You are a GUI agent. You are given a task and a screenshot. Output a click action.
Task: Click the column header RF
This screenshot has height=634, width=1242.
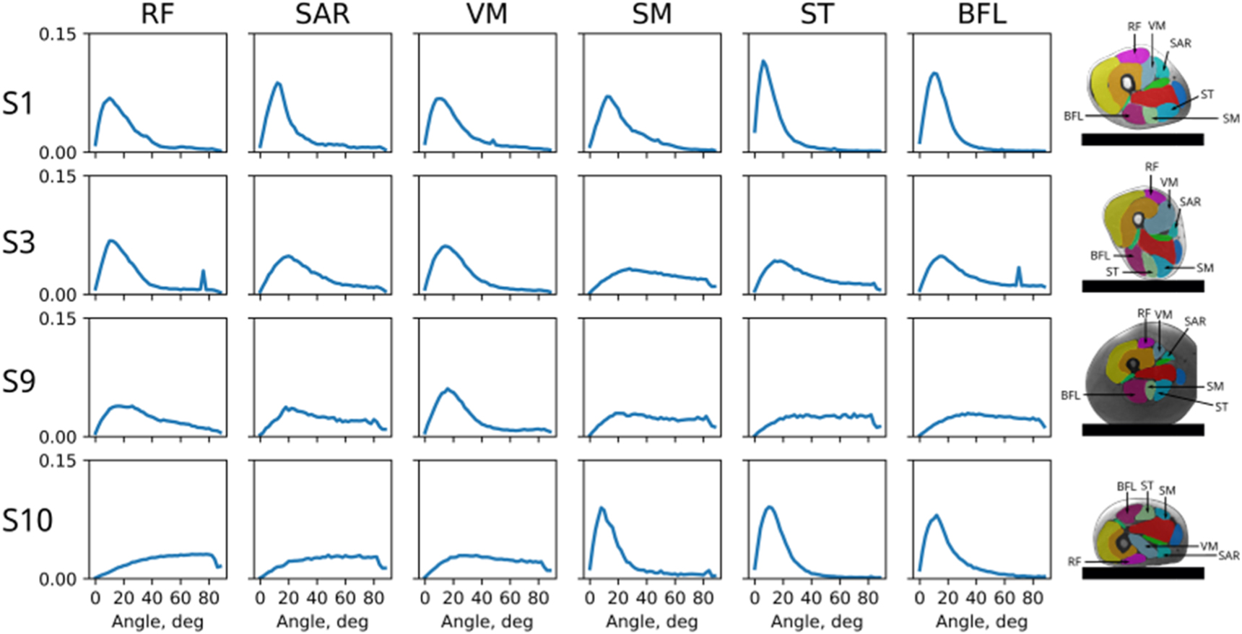[x=157, y=14]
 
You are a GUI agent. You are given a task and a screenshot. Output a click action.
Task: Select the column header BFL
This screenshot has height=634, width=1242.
[x=981, y=14]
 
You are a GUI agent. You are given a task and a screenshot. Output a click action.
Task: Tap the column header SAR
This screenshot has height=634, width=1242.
[x=322, y=14]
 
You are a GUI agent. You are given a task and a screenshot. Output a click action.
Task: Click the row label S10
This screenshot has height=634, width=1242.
[x=27, y=521]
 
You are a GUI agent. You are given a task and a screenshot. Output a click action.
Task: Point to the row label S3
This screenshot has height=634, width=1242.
[x=19, y=243]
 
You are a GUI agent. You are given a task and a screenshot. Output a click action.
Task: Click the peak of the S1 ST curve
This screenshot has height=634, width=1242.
[x=763, y=61]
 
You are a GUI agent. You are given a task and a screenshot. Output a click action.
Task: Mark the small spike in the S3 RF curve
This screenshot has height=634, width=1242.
[x=203, y=272]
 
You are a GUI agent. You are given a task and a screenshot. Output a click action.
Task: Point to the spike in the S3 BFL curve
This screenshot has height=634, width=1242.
[x=1019, y=269]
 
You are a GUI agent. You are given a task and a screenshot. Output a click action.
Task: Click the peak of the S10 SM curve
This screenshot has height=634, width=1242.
[x=601, y=508]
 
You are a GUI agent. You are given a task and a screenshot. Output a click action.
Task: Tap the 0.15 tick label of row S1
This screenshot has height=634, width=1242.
[x=57, y=35]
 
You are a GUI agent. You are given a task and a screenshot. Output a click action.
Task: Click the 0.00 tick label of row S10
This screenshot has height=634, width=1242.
[x=57, y=579]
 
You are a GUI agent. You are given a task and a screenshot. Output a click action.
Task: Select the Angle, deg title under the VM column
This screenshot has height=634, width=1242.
[x=487, y=622]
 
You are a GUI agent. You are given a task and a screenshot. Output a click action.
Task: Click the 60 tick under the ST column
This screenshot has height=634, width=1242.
[x=839, y=598]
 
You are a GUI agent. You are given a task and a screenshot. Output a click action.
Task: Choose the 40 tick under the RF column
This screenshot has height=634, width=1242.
[x=152, y=598]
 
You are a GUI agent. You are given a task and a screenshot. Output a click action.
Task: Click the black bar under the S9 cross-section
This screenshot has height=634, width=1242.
[x=1142, y=430]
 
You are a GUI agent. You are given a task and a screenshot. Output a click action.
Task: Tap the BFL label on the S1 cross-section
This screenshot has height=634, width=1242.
[x=1072, y=116]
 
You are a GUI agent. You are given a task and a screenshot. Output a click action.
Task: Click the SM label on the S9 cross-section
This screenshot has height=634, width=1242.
[x=1215, y=386]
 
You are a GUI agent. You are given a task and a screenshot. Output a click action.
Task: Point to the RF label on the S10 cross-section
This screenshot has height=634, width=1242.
[x=1074, y=561]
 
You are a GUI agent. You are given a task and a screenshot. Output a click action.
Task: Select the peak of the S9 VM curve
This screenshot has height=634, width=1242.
[x=448, y=389]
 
